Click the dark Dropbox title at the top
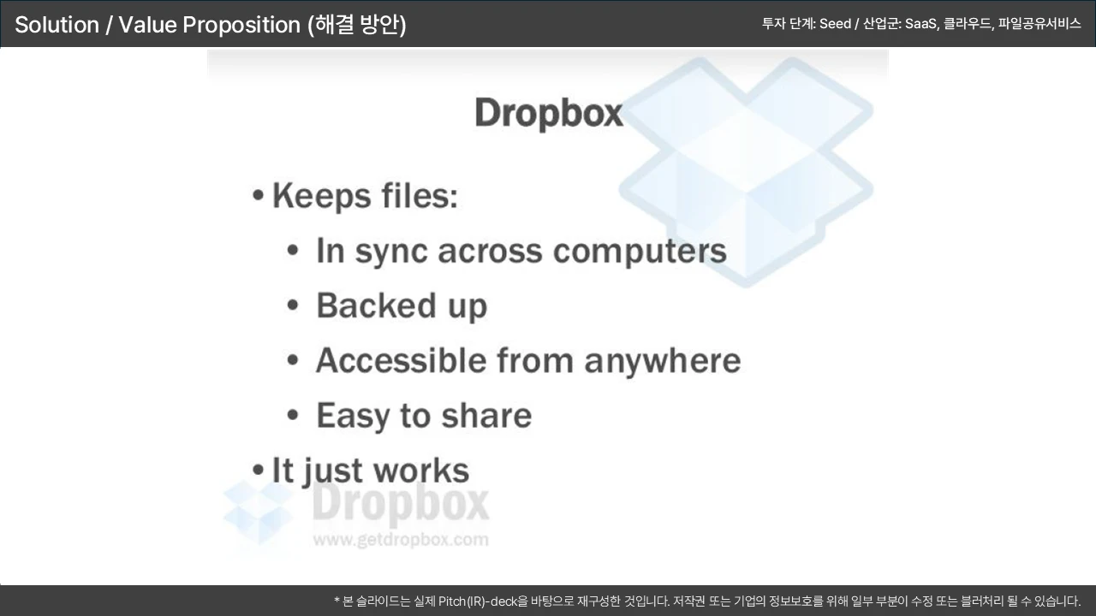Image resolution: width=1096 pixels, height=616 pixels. (x=549, y=114)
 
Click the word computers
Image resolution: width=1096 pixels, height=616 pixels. (x=640, y=252)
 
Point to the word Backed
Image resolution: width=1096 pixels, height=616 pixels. (x=376, y=305)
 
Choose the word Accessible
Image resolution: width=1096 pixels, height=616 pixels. (x=401, y=360)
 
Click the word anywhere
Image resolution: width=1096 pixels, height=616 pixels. (x=663, y=362)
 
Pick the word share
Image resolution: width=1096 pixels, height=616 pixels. (x=486, y=416)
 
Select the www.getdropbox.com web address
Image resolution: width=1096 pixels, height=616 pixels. (x=401, y=540)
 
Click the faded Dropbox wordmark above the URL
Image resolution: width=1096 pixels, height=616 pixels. (x=401, y=505)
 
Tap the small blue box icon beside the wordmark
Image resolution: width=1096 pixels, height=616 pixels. (x=258, y=512)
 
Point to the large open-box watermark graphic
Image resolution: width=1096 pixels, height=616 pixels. (x=746, y=171)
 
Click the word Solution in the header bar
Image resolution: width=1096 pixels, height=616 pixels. (x=57, y=25)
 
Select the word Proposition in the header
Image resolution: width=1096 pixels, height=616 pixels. (x=241, y=25)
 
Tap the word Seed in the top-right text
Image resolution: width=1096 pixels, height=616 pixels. (x=835, y=23)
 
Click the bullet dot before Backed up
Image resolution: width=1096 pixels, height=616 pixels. (x=293, y=305)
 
